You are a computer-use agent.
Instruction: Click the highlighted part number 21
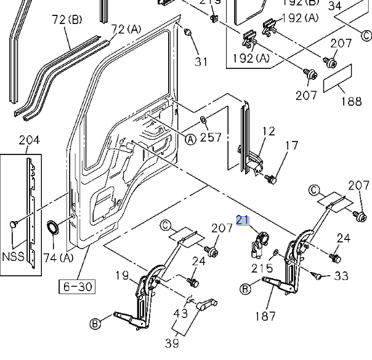point(243,220)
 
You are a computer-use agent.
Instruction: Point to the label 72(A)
point(127,29)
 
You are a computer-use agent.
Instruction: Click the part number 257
point(211,137)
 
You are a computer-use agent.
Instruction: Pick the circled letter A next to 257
point(190,139)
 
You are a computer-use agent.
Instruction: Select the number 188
point(351,101)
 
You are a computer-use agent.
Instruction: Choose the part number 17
point(292,146)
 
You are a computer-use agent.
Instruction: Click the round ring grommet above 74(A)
point(54,228)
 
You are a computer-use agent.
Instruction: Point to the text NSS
point(13,257)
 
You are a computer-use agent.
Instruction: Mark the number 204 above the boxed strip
point(29,140)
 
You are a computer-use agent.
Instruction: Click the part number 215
point(262,268)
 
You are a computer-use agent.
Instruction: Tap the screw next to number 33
point(317,276)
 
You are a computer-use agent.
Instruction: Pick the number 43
point(180,313)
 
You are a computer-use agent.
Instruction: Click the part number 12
point(269,131)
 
